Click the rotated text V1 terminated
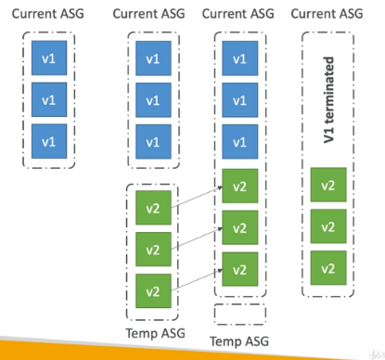[328, 100]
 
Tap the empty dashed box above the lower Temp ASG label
[240, 304]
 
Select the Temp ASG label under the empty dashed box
[239, 341]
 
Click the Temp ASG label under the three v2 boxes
[155, 333]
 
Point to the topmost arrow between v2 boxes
[197, 197]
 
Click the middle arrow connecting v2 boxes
[197, 238]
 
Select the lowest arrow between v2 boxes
[197, 280]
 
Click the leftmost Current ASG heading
[48, 14]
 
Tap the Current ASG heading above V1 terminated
[327, 14]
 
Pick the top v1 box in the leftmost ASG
[49, 58]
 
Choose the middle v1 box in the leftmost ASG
[49, 99]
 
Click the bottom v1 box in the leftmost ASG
[49, 141]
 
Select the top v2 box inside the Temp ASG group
[153, 208]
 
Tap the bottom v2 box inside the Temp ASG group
[153, 290]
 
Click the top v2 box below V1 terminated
[328, 185]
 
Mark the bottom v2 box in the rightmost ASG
[328, 268]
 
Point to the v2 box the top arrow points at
[240, 186]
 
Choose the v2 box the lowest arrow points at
[240, 269]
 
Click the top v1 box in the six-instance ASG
[240, 58]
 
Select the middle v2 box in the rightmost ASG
[328, 226]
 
